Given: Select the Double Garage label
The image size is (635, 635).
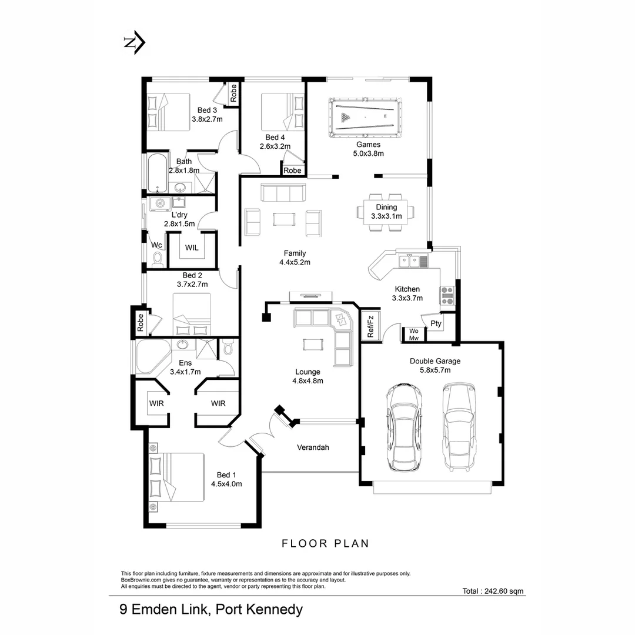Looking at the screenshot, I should point(435,361).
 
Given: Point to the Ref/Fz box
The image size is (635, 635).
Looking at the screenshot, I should point(370,326).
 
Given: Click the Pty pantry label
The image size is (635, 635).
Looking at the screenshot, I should point(436,323).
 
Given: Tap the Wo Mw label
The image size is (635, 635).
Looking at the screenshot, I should point(413,334).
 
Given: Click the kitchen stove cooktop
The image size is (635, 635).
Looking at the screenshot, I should point(446,295).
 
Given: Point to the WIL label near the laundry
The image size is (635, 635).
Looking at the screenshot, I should point(192,248).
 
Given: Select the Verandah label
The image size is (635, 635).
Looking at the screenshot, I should point(312,447).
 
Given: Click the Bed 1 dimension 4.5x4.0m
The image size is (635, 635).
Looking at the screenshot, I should point(226,484).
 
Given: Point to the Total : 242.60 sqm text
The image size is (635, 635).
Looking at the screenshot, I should point(493,591).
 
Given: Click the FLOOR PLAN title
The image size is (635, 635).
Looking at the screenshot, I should point(325,543).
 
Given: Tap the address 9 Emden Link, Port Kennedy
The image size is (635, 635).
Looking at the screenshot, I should point(211,609).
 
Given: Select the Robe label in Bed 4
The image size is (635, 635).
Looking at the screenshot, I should point(292,171).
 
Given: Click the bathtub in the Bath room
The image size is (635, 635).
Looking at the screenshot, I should point(157,173).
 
